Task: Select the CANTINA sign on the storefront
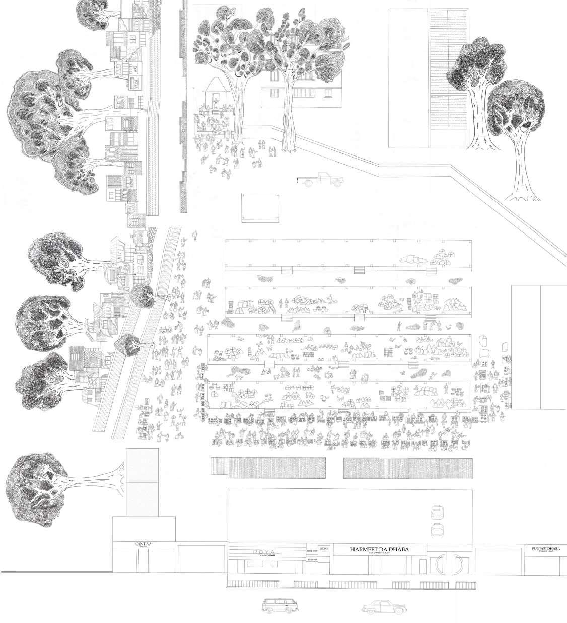coord(144,544)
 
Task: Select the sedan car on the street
coord(384,606)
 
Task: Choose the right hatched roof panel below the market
coord(408,468)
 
